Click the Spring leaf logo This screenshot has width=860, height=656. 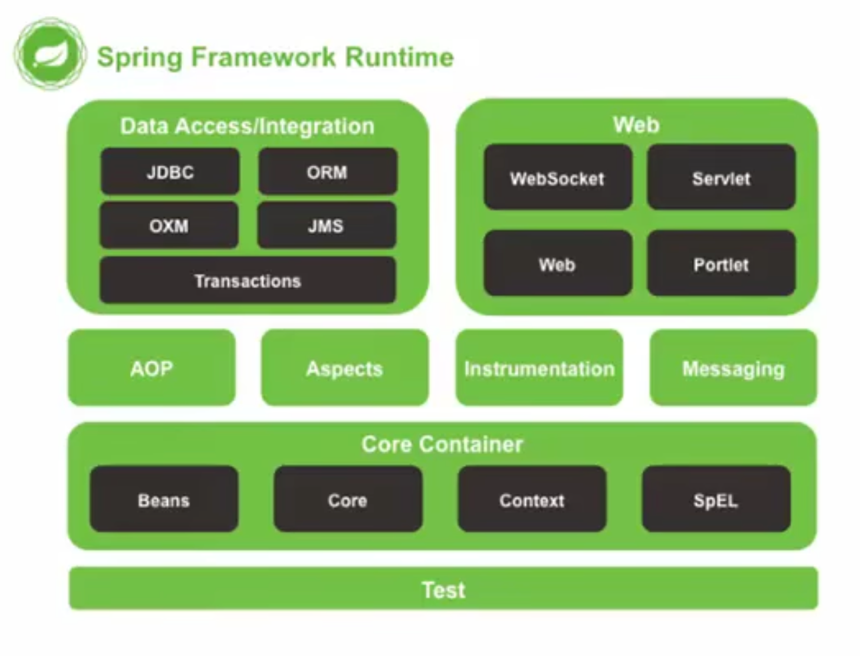coord(50,54)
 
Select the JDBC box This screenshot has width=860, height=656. coord(170,172)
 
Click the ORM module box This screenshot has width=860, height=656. coord(327,172)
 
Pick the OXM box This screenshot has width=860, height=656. coord(169,226)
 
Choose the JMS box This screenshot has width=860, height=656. coord(326,226)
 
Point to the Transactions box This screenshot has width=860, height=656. coord(247,281)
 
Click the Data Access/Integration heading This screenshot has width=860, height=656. coord(247,126)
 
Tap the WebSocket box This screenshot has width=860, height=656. coord(557,178)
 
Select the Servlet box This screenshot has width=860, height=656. coord(721,178)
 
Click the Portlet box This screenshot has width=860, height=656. coord(721,264)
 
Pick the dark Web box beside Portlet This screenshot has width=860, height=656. coord(557,264)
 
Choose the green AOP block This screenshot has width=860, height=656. coord(151,368)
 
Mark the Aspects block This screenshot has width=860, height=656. coord(345,368)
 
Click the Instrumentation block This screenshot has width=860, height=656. coord(539,368)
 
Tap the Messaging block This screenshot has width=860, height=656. coord(733,368)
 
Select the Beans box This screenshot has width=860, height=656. coord(164,499)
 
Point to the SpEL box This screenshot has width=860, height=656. coord(715,499)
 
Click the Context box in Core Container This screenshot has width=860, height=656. coord(532,499)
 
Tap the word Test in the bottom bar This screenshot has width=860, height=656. coord(443,589)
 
